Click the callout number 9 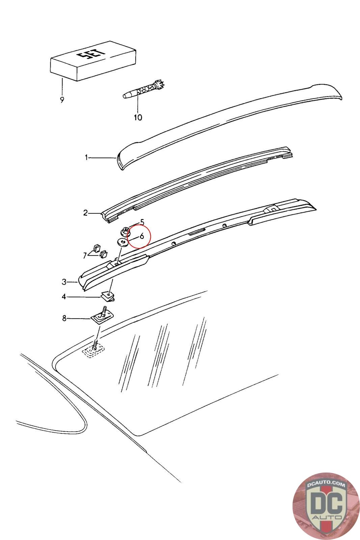(x=62, y=100)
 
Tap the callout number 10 (x=138, y=117)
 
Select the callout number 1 (x=86, y=157)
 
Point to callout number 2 (x=86, y=213)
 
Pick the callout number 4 (x=64, y=297)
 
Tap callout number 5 (x=142, y=222)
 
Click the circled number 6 (x=142, y=236)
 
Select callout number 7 (x=85, y=255)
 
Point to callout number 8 (x=64, y=318)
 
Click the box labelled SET (x=93, y=61)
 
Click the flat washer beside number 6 (x=123, y=243)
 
